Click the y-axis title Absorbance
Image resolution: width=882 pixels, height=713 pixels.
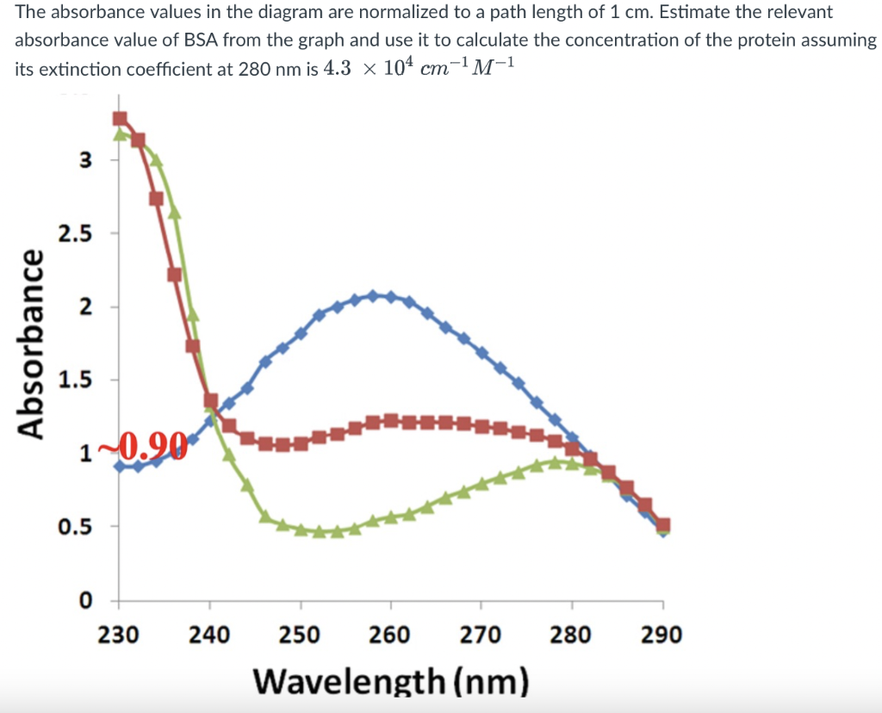pos(32,344)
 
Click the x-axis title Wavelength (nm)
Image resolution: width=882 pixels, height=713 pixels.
pos(389,680)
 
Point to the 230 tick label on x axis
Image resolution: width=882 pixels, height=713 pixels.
pos(119,635)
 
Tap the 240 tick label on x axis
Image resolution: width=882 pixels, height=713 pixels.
pos(209,635)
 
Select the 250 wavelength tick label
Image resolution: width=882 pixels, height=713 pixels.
pos(300,635)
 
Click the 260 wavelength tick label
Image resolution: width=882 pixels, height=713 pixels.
pos(390,635)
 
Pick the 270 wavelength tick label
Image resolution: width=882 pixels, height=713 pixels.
pos(481,635)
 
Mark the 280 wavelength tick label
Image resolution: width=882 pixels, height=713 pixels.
pos(572,635)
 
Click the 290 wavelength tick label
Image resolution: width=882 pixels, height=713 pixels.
pos(661,635)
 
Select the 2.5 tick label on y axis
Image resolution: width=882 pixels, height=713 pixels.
pos(75,233)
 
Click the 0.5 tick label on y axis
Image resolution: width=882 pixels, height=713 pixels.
pos(75,526)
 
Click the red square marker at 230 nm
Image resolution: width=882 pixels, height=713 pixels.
pos(120,118)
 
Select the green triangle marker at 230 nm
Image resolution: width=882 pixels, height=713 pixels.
pos(121,134)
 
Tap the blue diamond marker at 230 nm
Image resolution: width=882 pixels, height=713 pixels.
pos(120,466)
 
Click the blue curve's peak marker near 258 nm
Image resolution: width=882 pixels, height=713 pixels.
pos(373,295)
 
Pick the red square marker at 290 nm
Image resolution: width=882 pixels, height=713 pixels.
pos(663,524)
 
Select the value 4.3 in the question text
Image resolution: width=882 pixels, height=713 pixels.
pos(336,69)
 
